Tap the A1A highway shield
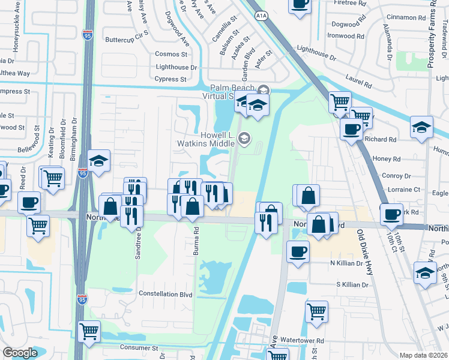tap(261, 15)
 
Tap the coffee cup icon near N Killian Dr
tap(298, 252)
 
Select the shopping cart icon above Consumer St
tap(89, 331)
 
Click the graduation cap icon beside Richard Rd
tap(421, 127)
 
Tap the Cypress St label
tap(170, 79)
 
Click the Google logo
tap(20, 353)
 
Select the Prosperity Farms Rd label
tap(431, 36)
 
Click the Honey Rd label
tap(387, 159)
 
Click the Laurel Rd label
tap(360, 77)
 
